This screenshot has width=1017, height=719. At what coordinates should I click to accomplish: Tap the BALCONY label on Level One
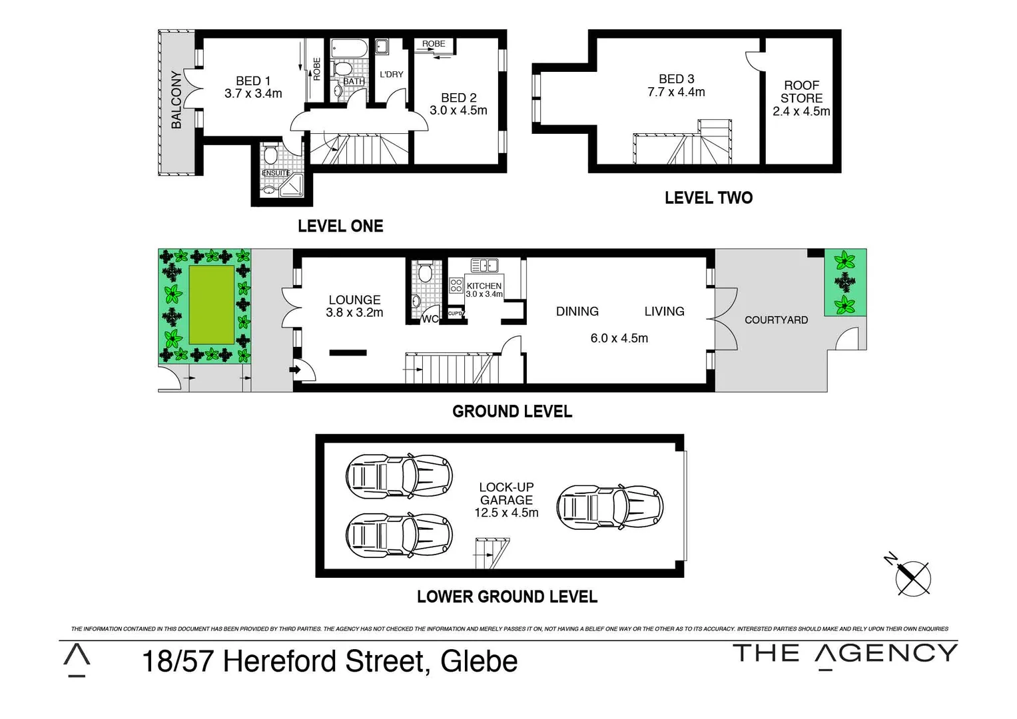pos(176,99)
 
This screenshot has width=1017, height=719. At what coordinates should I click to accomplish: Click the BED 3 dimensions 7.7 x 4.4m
pos(676,93)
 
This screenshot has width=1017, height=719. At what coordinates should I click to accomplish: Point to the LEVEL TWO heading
pos(709,198)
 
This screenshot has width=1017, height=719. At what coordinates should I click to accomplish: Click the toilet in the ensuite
pos(270,156)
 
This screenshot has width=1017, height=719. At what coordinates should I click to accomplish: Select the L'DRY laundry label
pos(391,75)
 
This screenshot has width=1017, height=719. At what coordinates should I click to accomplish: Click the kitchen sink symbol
pos(484,266)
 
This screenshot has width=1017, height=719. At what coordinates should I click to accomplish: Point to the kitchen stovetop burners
pos(456,286)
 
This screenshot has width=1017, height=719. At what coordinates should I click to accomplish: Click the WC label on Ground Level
pos(430,319)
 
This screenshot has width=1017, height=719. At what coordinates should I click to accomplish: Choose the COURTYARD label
pos(776,320)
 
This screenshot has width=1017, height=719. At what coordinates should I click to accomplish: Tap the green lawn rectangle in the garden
pos(212,304)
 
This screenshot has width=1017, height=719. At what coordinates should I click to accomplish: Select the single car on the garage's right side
pos(610,507)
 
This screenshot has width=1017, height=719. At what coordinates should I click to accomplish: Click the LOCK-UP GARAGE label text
pos(506,493)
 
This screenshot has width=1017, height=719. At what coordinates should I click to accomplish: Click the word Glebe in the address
pos(479,662)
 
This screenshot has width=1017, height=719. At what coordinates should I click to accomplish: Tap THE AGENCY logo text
pos(845,654)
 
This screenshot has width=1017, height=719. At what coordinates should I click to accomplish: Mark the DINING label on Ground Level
pos(577,312)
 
